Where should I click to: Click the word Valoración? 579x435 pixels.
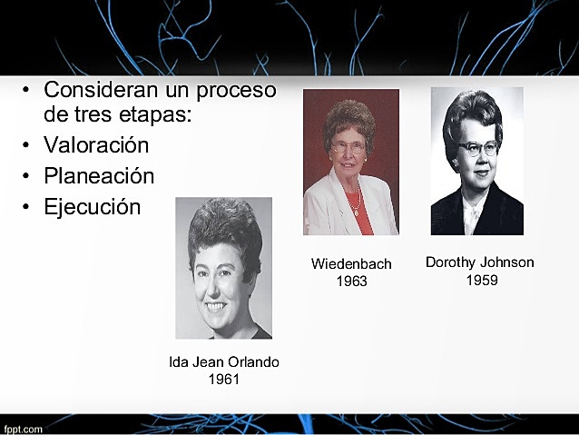(96, 145)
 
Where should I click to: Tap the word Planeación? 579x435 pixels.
(99, 176)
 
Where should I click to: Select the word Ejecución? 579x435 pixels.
(92, 207)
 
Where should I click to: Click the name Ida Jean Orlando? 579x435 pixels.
(224, 362)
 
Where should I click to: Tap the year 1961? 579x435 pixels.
(224, 380)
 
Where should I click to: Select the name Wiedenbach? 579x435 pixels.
(351, 264)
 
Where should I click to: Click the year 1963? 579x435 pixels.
(351, 282)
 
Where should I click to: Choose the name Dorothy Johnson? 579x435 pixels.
(479, 262)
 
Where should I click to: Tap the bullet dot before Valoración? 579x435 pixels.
(27, 146)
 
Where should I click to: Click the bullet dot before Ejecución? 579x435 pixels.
(27, 208)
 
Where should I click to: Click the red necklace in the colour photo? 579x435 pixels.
(357, 202)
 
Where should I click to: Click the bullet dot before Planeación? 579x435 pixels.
(27, 177)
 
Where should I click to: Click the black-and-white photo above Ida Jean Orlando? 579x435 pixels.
(223, 268)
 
